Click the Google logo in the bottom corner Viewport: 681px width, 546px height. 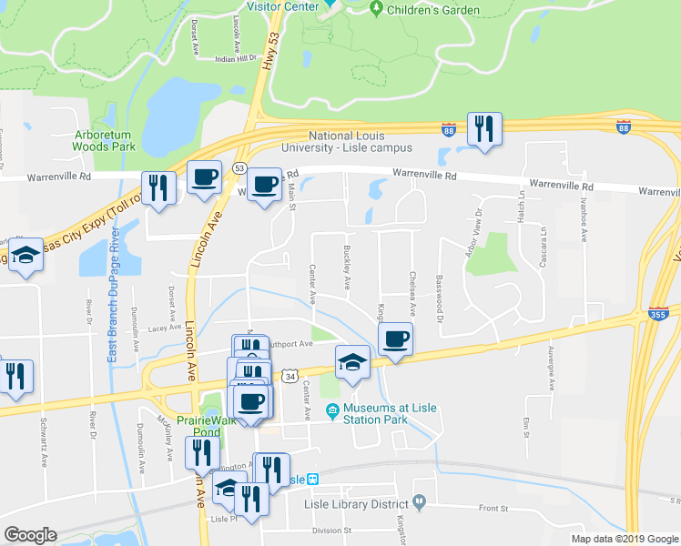pos(30,535)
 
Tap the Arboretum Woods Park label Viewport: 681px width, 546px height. pos(104,140)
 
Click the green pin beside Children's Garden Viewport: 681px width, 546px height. pos(376,9)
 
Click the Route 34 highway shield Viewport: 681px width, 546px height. pos(290,375)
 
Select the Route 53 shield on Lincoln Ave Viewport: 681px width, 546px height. pos(239,168)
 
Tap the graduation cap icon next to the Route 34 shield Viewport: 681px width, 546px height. pos(352,362)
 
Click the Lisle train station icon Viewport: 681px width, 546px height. pos(312,480)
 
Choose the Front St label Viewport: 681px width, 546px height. pos(493,508)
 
